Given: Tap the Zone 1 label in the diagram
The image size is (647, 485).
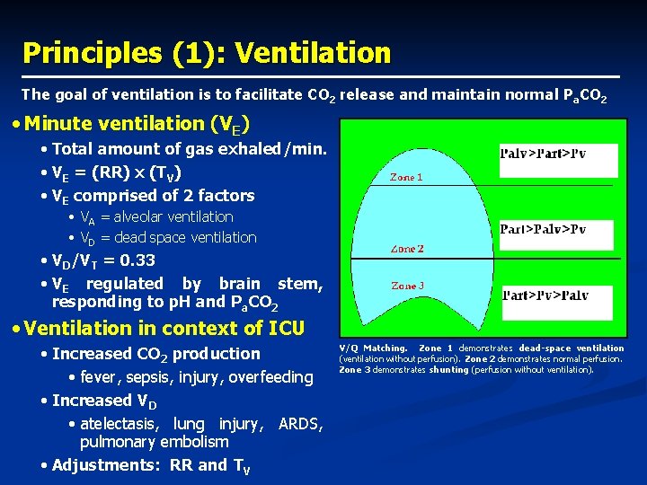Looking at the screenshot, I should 406,178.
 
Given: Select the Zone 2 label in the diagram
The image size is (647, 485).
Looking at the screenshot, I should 407,249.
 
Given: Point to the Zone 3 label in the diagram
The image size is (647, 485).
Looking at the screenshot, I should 407,286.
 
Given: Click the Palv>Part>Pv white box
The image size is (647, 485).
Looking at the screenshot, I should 558,160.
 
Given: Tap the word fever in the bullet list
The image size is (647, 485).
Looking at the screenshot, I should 101,377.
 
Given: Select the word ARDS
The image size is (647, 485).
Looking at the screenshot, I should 301,424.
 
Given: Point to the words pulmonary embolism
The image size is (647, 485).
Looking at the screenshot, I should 155,442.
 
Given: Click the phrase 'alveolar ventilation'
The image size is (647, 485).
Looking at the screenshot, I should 173,217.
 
